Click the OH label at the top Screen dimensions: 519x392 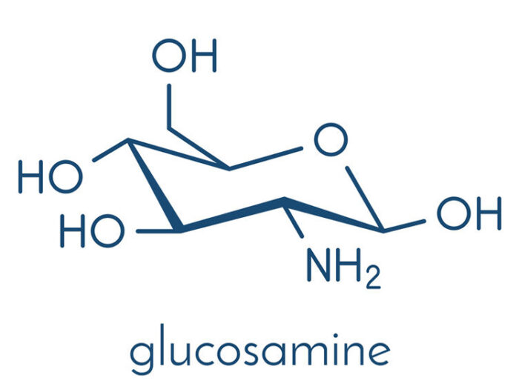tap(185, 56)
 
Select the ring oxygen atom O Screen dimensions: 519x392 tap(331, 139)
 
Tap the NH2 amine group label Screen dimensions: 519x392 tap(344, 265)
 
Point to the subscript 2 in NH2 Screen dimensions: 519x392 tap(374, 278)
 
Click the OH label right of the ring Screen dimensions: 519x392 tap(469, 213)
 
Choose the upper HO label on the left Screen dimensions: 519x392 tap(50, 176)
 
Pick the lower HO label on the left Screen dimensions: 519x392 tap(93, 231)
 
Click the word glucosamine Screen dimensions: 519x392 tap(260, 351)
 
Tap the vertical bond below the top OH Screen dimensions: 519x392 tap(169, 106)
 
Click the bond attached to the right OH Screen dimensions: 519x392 tap(404, 225)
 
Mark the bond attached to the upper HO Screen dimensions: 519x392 tap(110, 150)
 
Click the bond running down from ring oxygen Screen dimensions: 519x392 tap(365, 198)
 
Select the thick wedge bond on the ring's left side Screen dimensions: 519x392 tap(154, 185)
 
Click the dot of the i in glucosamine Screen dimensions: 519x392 tap(336, 336)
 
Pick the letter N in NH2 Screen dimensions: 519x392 tap(320, 265)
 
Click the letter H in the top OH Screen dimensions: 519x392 tap(204, 56)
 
